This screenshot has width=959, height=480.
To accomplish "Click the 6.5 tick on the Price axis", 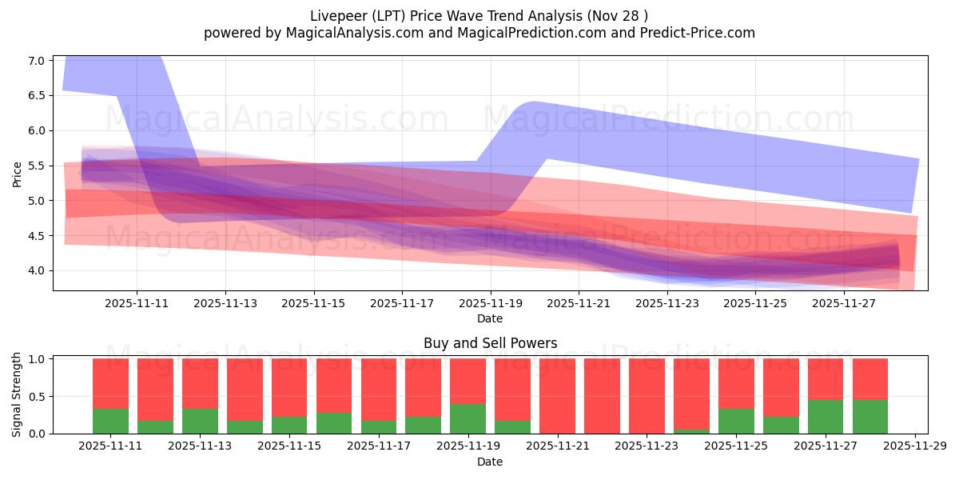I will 37,95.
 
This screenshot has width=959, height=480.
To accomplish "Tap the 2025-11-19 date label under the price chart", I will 490,303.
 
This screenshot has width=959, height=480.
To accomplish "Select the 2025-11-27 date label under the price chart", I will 844,303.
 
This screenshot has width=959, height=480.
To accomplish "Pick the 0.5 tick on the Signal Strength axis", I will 37,397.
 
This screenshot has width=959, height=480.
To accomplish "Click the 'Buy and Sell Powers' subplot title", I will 490,343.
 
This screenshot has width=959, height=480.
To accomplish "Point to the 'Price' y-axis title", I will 18,174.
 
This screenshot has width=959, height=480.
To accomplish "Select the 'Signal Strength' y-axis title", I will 18,395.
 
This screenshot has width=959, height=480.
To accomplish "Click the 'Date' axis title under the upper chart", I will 490,318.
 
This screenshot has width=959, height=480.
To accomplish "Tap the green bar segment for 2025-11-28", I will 870,417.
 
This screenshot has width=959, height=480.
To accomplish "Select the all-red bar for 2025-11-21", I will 557,396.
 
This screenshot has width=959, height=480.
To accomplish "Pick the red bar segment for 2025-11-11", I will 110,383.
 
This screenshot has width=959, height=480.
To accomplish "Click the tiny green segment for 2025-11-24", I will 691,431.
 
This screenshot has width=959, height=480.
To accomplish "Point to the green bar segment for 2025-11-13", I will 200,422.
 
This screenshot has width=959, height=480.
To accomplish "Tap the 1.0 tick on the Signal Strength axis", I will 37,359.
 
